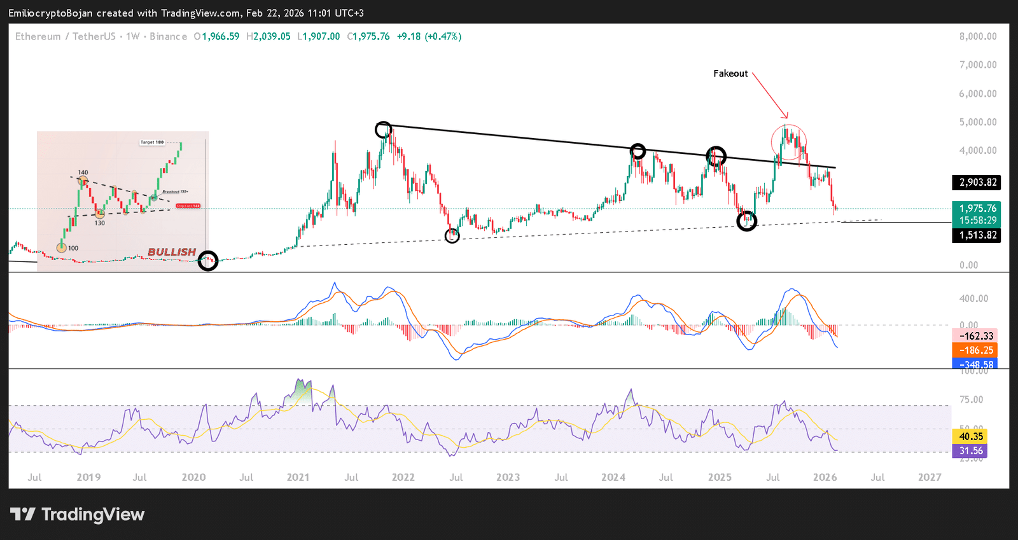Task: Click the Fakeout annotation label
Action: [730, 74]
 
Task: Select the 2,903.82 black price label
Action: [978, 183]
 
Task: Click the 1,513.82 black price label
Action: [978, 235]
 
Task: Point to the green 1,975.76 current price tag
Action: [978, 209]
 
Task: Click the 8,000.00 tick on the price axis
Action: [978, 37]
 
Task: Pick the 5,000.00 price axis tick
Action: [978, 122]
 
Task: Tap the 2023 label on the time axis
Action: [508, 478]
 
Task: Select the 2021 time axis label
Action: [298, 478]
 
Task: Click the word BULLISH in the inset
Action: [172, 253]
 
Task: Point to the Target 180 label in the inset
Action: [152, 142]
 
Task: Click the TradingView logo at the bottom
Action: [78, 515]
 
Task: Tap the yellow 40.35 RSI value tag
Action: [971, 436]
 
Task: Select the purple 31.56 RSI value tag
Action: [971, 451]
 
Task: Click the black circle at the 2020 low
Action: [208, 260]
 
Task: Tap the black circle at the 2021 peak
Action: [383, 130]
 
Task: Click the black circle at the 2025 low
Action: [746, 221]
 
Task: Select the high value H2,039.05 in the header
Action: [268, 37]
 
